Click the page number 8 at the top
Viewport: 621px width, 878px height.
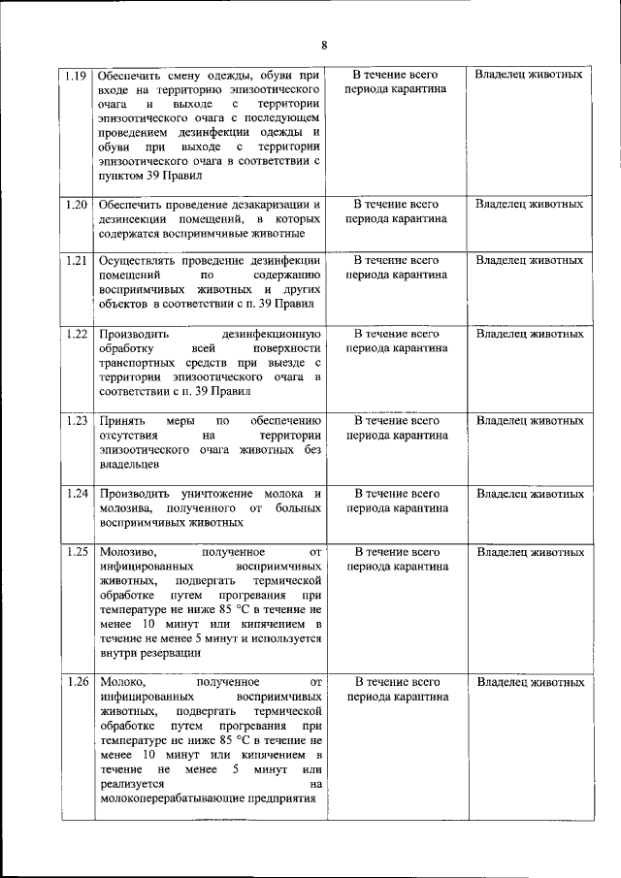(324, 45)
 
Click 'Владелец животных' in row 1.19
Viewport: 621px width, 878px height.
(530, 75)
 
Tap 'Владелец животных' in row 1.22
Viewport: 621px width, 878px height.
(530, 334)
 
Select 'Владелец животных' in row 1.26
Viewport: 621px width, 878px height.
(530, 682)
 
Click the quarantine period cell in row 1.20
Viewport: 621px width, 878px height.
(396, 211)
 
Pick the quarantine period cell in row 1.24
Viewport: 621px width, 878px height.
(396, 501)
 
